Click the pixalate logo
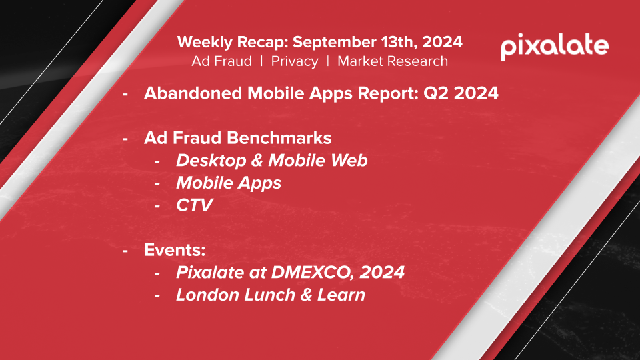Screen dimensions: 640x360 click(555, 47)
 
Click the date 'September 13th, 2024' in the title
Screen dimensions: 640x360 click(377, 42)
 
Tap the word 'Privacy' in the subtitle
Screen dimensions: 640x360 click(295, 61)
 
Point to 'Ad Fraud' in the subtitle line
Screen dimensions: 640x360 click(221, 61)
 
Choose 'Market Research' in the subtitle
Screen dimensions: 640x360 click(393, 61)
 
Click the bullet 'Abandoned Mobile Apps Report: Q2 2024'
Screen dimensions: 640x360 click(321, 93)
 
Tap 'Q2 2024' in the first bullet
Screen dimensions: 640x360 click(461, 93)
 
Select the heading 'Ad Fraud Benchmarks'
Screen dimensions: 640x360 click(237, 138)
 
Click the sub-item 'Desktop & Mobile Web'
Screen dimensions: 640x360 click(272, 161)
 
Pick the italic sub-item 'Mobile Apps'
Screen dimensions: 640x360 click(229, 183)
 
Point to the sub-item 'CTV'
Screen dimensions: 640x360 click(195, 205)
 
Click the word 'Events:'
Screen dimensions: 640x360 click(175, 250)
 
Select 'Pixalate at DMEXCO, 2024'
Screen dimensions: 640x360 click(290, 273)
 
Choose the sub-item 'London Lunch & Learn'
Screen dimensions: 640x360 click(271, 295)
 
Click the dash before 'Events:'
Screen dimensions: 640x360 click(125, 251)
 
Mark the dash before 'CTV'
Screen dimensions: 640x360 click(157, 206)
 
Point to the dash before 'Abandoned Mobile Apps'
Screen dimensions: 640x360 click(125, 94)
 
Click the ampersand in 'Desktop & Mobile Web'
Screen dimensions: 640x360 click(257, 161)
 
